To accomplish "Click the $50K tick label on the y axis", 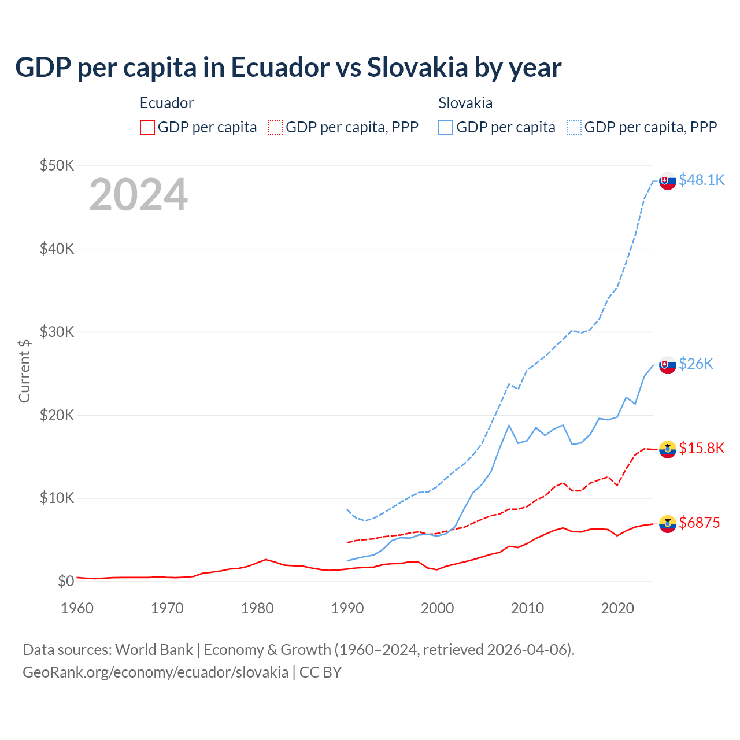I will click(x=57, y=166).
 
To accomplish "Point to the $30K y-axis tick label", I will click(x=57, y=332).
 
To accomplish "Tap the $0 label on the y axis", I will click(x=65, y=581).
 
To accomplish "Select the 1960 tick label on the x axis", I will click(x=77, y=608).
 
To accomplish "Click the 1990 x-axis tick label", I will click(x=347, y=608).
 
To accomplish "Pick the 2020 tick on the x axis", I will click(x=617, y=608).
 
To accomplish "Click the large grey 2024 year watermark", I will click(x=138, y=195).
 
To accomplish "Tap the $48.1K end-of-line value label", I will click(x=701, y=180).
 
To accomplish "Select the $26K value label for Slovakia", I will click(x=696, y=364).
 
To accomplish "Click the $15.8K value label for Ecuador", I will click(x=701, y=449).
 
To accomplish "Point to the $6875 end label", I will click(x=700, y=523).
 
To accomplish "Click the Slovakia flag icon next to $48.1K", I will click(x=668, y=181).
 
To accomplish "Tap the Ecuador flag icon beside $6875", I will click(x=668, y=524).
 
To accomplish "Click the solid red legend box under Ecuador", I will click(x=147, y=127).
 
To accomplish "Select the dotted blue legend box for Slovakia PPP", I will click(x=574, y=127).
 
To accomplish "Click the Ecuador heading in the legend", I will click(x=166, y=103).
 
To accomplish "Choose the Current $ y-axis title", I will click(x=24, y=371).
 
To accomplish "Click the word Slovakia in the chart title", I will click(x=417, y=67).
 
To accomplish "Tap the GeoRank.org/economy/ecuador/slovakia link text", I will click(x=156, y=672).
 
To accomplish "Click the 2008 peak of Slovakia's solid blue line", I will click(x=509, y=425).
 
